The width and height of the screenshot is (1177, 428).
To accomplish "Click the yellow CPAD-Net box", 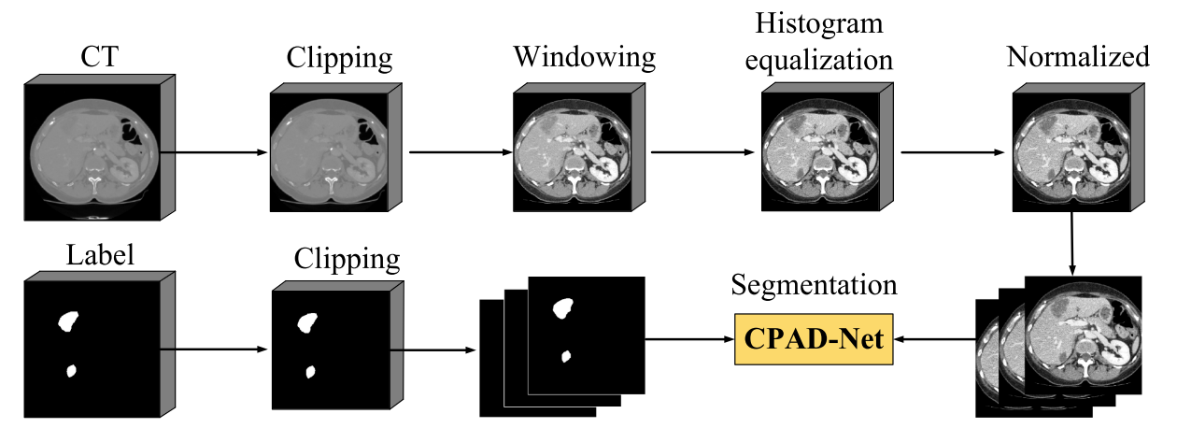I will [813, 338].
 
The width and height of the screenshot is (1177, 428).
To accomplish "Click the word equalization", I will [826, 59].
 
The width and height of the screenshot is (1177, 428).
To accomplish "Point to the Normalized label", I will [1078, 58].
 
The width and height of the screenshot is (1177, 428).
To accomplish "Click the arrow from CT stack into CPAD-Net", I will [934, 338].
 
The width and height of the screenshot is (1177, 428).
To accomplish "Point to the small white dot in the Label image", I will [70, 373].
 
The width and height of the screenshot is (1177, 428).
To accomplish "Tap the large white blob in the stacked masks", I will [562, 307].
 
